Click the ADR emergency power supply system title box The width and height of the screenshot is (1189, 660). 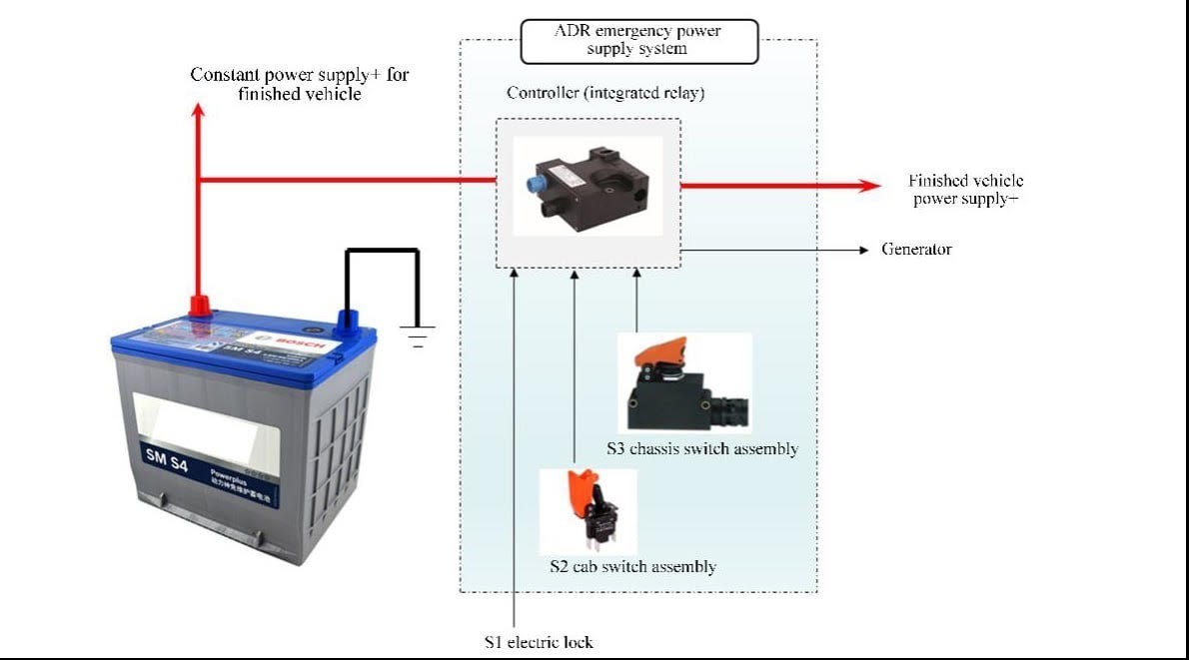tap(638, 40)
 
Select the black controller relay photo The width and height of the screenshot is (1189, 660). tap(588, 186)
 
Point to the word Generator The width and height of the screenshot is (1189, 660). tap(916, 249)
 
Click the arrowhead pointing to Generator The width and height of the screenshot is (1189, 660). tap(864, 249)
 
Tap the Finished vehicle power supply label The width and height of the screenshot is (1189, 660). tap(965, 189)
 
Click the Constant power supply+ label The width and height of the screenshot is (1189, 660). tap(300, 84)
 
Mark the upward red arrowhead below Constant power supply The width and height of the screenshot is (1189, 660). tap(198, 111)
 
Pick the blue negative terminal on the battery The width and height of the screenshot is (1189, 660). tap(347, 321)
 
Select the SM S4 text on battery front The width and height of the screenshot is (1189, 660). tap(162, 454)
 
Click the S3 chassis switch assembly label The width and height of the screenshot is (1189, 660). tap(701, 449)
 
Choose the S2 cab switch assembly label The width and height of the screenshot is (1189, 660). tap(632, 567)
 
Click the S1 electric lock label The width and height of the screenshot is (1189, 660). tap(539, 642)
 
